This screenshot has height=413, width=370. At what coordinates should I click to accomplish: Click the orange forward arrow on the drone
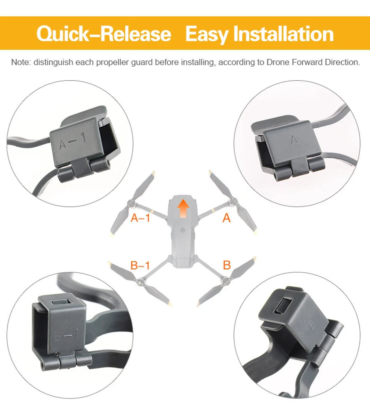click(x=183, y=208)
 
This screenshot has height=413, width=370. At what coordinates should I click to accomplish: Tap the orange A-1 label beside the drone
click(x=140, y=218)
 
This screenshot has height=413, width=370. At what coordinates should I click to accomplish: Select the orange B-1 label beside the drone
click(x=140, y=265)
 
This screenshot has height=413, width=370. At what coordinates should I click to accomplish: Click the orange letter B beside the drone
click(x=227, y=265)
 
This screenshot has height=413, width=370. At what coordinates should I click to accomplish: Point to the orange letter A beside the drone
click(x=226, y=218)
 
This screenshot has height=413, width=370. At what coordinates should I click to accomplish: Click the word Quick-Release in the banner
click(x=104, y=33)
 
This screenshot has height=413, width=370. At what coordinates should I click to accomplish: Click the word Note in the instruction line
click(x=21, y=62)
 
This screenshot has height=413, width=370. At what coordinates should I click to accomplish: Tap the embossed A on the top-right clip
click(x=294, y=139)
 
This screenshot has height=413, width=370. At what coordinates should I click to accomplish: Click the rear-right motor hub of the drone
click(x=225, y=281)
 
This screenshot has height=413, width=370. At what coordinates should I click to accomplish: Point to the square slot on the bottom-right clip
click(x=283, y=306)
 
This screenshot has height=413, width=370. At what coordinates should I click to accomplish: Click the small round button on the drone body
click(x=183, y=230)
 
